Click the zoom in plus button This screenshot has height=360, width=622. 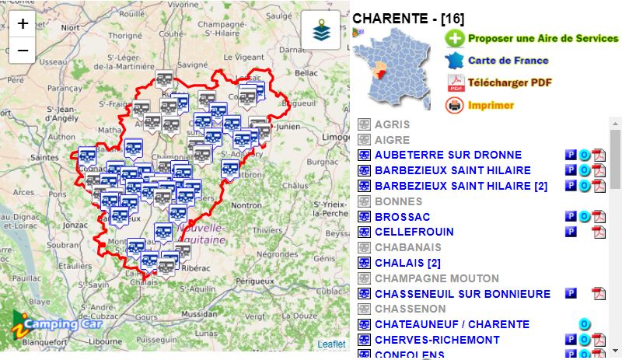coord(23,23)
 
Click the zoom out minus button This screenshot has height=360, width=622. coord(23,51)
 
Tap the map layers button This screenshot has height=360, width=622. coord(321,30)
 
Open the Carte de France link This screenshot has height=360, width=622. coord(508,60)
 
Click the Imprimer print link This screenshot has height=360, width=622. coord(491,105)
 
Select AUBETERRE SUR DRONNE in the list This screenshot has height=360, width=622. coord(448,155)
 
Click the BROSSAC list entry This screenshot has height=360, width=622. coord(402,216)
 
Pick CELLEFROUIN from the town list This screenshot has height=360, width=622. coord(414,232)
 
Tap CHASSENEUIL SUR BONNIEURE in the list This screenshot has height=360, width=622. coord(462,294)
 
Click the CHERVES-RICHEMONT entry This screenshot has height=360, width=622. coord(437,340)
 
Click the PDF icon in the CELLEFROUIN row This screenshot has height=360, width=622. coord(599,232)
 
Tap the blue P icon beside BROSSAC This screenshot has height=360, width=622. coord(571,216)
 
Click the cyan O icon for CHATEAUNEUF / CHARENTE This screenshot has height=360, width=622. coord(585,324)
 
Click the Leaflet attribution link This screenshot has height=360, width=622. coord(331,344)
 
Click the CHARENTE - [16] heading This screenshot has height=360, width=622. coord(408,18)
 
